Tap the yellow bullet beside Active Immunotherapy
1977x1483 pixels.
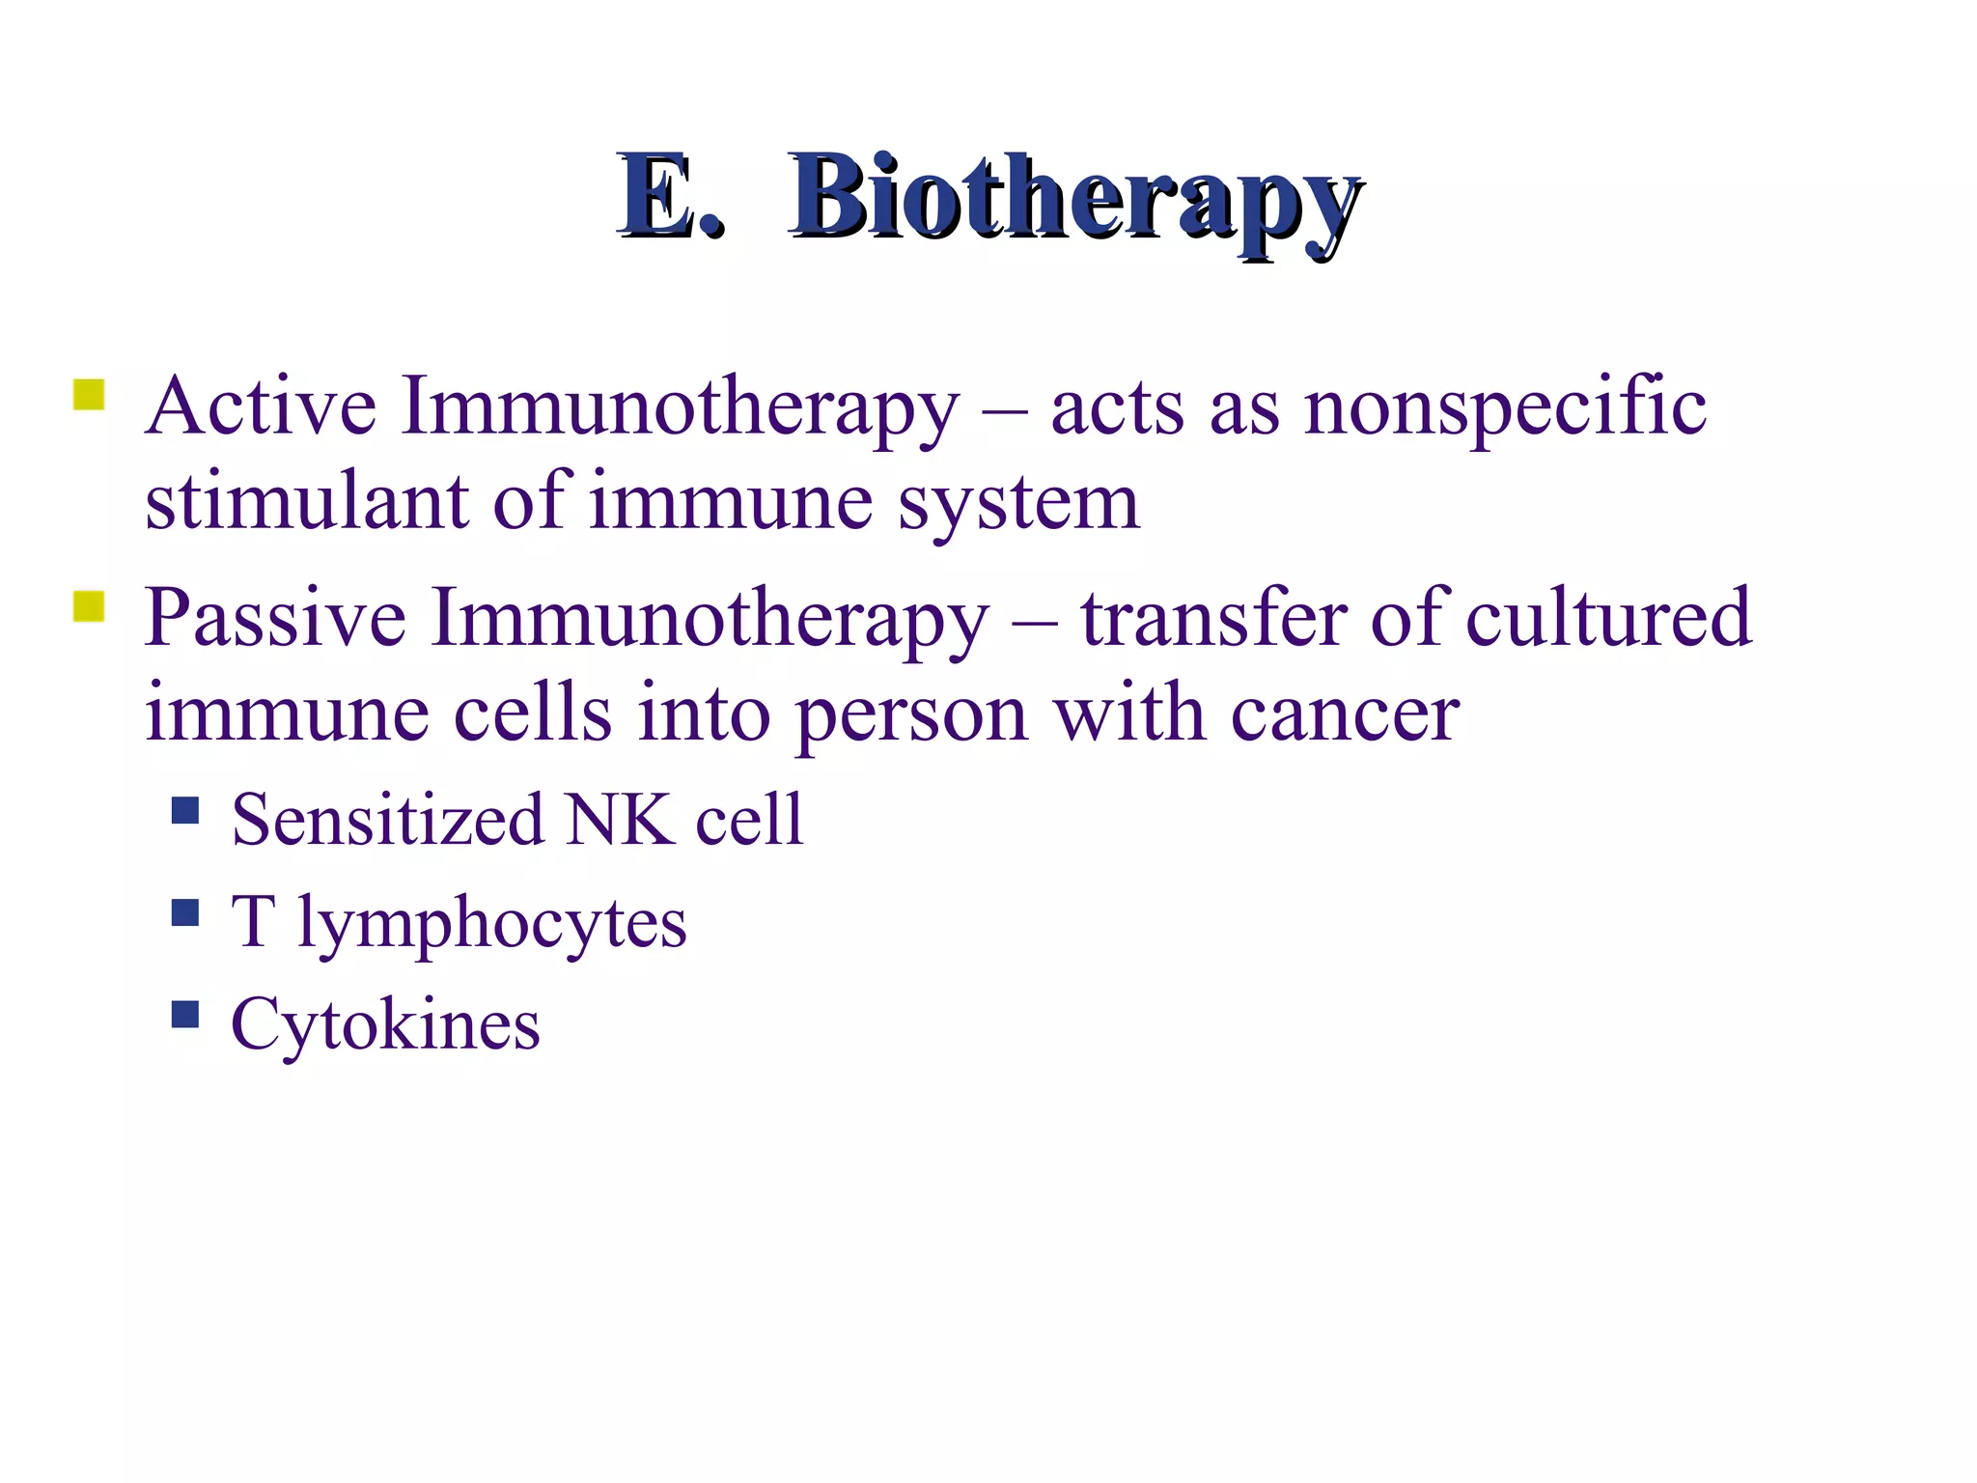89,395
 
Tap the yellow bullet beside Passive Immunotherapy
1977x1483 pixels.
89,606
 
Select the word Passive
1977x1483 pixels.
275,618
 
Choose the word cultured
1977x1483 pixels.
1607,618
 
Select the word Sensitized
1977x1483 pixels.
388,820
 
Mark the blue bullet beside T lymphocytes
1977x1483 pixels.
184,911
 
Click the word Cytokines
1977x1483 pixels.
385,1025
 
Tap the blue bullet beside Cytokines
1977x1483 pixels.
184,1014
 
